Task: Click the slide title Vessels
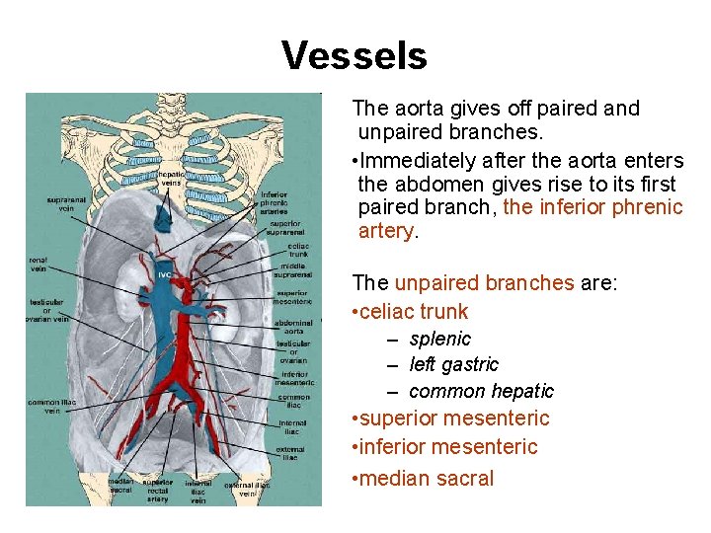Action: coord(355,55)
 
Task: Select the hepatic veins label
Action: coord(171,178)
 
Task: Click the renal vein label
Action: coord(39,265)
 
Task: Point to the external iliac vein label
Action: coord(246,490)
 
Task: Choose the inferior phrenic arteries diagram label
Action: coord(274,202)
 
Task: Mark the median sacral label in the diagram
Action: coord(121,486)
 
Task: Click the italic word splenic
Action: coord(439,339)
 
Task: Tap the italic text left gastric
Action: coord(453,364)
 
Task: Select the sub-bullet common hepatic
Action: coord(481,391)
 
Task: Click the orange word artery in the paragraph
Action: coord(386,231)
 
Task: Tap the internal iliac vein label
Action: coord(197,491)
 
